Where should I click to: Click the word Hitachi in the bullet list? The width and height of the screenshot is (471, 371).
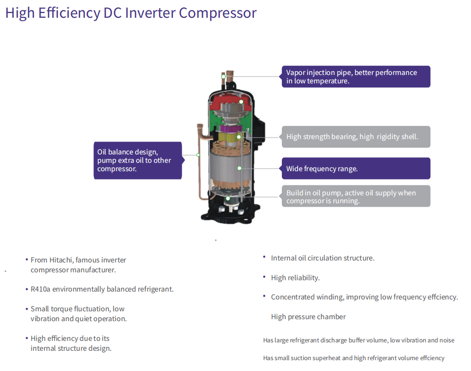coord(61,260)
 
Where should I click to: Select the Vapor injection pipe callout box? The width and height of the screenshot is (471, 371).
coord(356,76)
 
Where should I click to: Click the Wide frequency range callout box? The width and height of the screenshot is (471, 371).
coord(356,168)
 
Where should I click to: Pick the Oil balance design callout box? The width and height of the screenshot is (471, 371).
coord(138,161)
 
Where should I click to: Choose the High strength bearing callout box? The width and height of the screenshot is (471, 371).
coord(356,137)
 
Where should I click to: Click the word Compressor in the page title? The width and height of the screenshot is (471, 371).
coord(218,13)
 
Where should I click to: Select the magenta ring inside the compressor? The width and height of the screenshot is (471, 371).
coord(230,128)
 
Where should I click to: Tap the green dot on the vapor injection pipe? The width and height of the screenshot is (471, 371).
coord(224,77)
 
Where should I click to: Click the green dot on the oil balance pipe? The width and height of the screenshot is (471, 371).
coord(198,155)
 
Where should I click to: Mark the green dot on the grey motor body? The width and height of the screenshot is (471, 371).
coord(239,168)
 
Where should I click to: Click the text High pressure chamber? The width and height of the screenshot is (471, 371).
coord(308,317)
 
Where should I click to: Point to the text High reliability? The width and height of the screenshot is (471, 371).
coord(295,278)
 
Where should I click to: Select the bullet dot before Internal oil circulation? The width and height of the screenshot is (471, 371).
coord(264,257)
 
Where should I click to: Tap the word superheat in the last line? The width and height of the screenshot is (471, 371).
coord(326,358)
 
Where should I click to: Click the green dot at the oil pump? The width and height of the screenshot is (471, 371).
coord(228,198)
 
